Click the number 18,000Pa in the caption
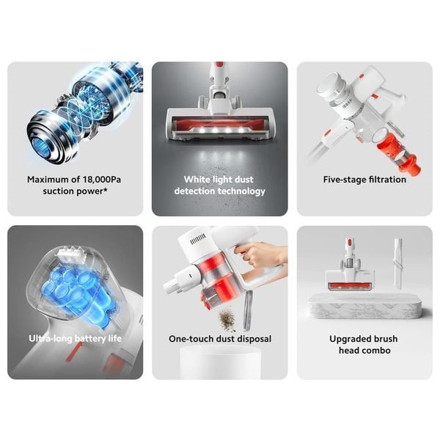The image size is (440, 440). tap(102, 180)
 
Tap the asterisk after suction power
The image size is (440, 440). tap(106, 190)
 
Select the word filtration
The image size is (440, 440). tap(384, 180)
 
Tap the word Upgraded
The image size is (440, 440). tap(348, 340)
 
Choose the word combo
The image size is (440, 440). tap(376, 351)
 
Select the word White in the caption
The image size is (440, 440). tap(195, 180)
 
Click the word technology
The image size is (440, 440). tap(241, 191)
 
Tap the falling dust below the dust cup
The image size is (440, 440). tap(227, 319)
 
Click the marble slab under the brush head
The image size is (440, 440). tap(364, 307)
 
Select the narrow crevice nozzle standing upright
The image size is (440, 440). tap(399, 263)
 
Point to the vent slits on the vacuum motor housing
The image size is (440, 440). tap(198, 239)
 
